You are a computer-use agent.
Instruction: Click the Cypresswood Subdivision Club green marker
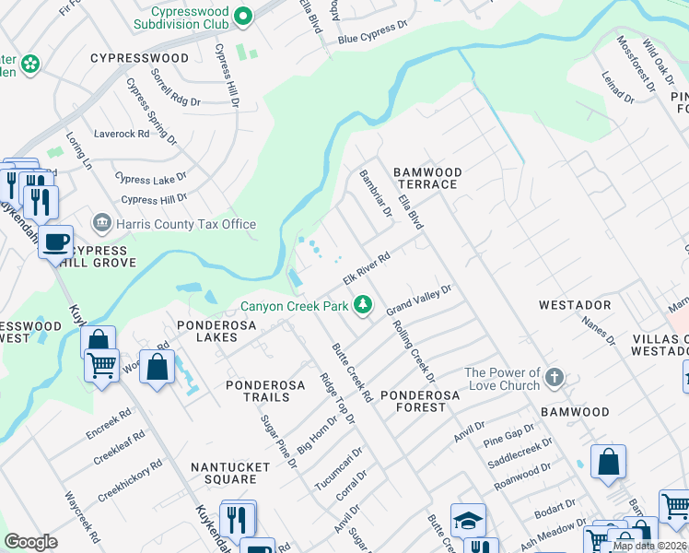(x=243, y=15)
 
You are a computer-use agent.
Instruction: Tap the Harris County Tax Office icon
(x=101, y=223)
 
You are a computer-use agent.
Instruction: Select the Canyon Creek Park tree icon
(x=364, y=304)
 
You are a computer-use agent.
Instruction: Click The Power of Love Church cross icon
(x=554, y=377)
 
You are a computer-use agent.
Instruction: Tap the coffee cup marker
(x=55, y=241)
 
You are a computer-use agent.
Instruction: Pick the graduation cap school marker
(x=468, y=521)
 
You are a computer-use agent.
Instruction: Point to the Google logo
(x=30, y=542)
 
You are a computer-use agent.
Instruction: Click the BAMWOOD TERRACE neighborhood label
(x=426, y=178)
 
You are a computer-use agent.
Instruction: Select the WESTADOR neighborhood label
(x=574, y=304)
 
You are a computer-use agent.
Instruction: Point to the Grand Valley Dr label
(x=418, y=299)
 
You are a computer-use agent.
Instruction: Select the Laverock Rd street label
(x=122, y=134)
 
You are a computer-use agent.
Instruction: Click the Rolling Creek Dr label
(x=413, y=350)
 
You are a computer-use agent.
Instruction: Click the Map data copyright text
(x=649, y=546)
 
